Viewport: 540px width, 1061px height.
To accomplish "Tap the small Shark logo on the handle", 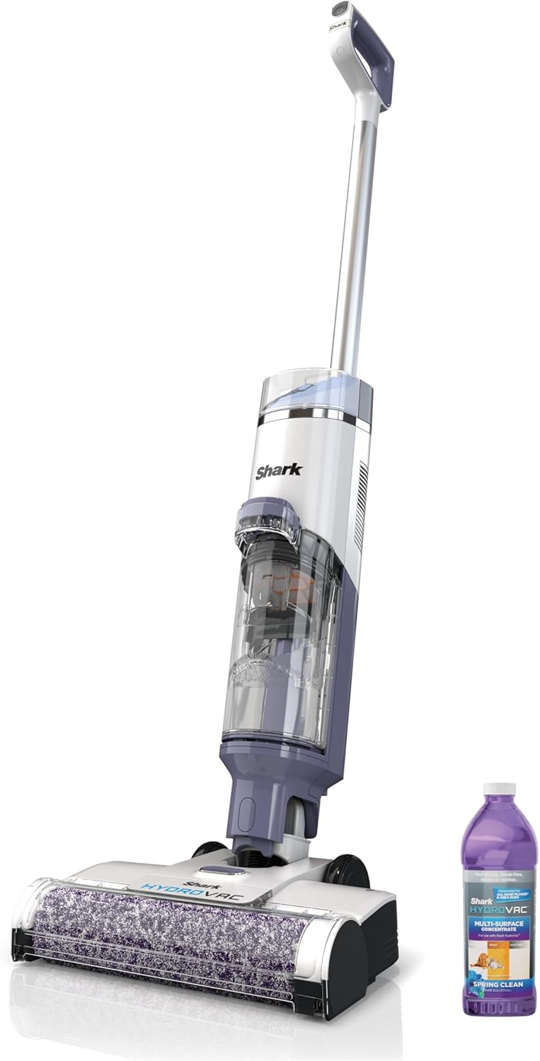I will [x=337, y=26].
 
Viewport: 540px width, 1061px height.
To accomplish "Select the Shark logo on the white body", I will [x=279, y=470].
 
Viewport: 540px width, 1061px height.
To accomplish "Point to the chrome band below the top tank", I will [x=311, y=415].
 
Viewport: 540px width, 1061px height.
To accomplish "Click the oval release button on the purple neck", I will [x=256, y=810].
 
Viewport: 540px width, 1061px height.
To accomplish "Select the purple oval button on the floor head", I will [x=213, y=871].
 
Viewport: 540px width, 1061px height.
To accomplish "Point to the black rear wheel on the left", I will [x=209, y=849].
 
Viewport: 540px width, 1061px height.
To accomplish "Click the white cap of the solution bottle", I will [x=499, y=789].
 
